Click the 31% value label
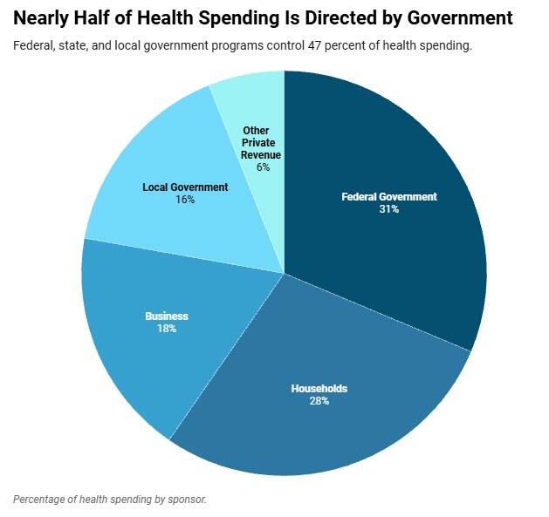tap(388, 209)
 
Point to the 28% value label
tap(319, 401)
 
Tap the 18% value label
tap(167, 329)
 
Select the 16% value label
tap(184, 200)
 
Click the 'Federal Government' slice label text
tap(388, 197)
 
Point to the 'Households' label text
tap(319, 389)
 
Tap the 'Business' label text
tap(167, 316)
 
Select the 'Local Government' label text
tap(185, 187)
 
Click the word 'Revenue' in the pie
tap(262, 155)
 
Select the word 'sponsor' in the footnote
tap(186, 500)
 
